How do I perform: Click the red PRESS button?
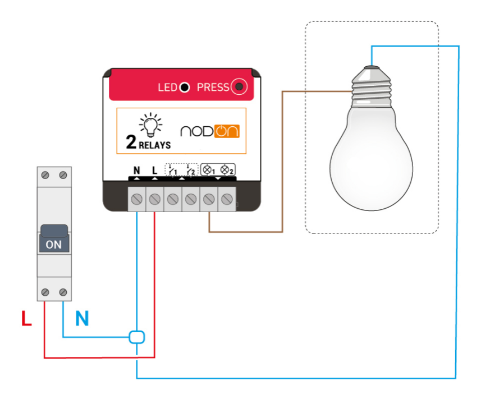click(x=240, y=87)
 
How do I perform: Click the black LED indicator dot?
click(x=184, y=88)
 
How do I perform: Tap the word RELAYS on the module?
click(x=155, y=145)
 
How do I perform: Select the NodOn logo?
click(x=209, y=131)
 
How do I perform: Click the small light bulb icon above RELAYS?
click(x=150, y=124)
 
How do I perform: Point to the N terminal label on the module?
click(x=136, y=169)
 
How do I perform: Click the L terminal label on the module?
click(x=154, y=169)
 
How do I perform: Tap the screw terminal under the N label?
click(x=136, y=199)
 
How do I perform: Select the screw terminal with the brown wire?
click(x=209, y=199)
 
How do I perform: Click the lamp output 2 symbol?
click(x=227, y=169)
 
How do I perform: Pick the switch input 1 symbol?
click(x=172, y=169)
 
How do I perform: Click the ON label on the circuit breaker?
click(x=54, y=244)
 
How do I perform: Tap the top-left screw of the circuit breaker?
click(x=45, y=175)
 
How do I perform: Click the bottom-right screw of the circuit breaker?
click(x=63, y=292)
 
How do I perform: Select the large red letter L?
click(x=26, y=320)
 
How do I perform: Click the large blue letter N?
click(x=82, y=319)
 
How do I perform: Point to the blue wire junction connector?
click(x=137, y=337)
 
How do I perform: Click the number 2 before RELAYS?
click(x=131, y=143)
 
